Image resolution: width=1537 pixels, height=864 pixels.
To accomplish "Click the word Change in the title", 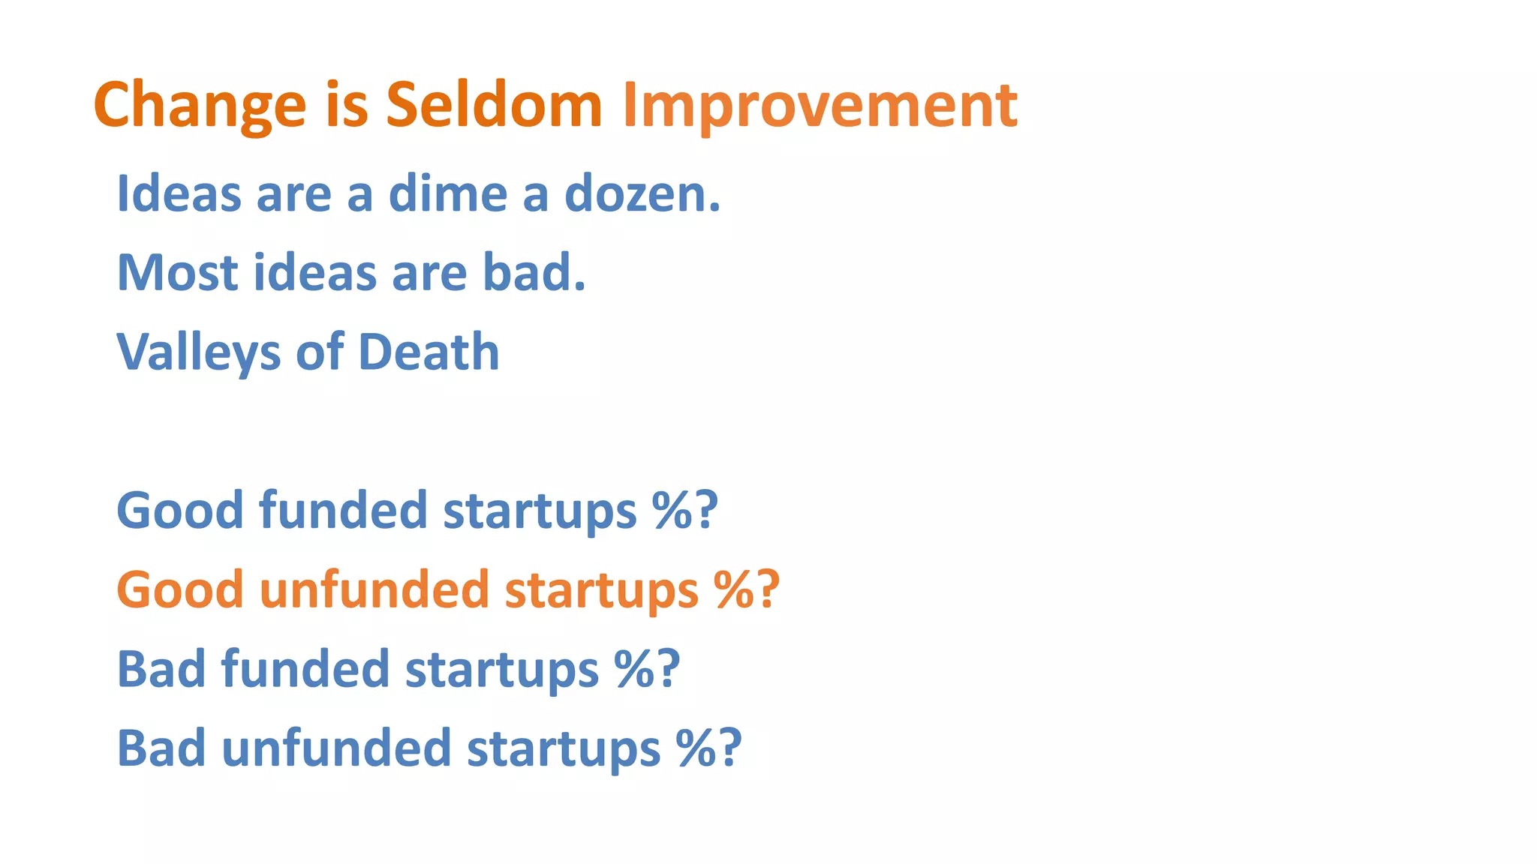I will point(200,105).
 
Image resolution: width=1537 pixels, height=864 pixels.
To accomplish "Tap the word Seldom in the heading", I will point(494,105).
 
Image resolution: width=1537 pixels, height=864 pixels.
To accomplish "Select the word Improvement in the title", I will point(820,105).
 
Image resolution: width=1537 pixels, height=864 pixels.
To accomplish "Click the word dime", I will point(447,193).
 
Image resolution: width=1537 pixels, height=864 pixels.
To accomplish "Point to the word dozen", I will point(642,193).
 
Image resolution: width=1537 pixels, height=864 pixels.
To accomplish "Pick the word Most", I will point(177,272).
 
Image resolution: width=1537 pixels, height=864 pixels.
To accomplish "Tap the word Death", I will point(429,352).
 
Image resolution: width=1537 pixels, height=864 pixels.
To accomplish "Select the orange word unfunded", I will point(374,589).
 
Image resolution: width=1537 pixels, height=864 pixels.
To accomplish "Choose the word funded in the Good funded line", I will point(343,511).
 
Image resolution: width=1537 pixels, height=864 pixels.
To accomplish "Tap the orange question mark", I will point(768,589).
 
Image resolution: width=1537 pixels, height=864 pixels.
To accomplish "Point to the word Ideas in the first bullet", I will point(179,193).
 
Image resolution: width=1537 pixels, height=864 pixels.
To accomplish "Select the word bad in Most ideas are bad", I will point(533,272).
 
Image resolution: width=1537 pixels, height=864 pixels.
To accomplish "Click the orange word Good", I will point(180,589).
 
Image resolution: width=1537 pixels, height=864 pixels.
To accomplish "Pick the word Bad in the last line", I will point(161,748).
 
